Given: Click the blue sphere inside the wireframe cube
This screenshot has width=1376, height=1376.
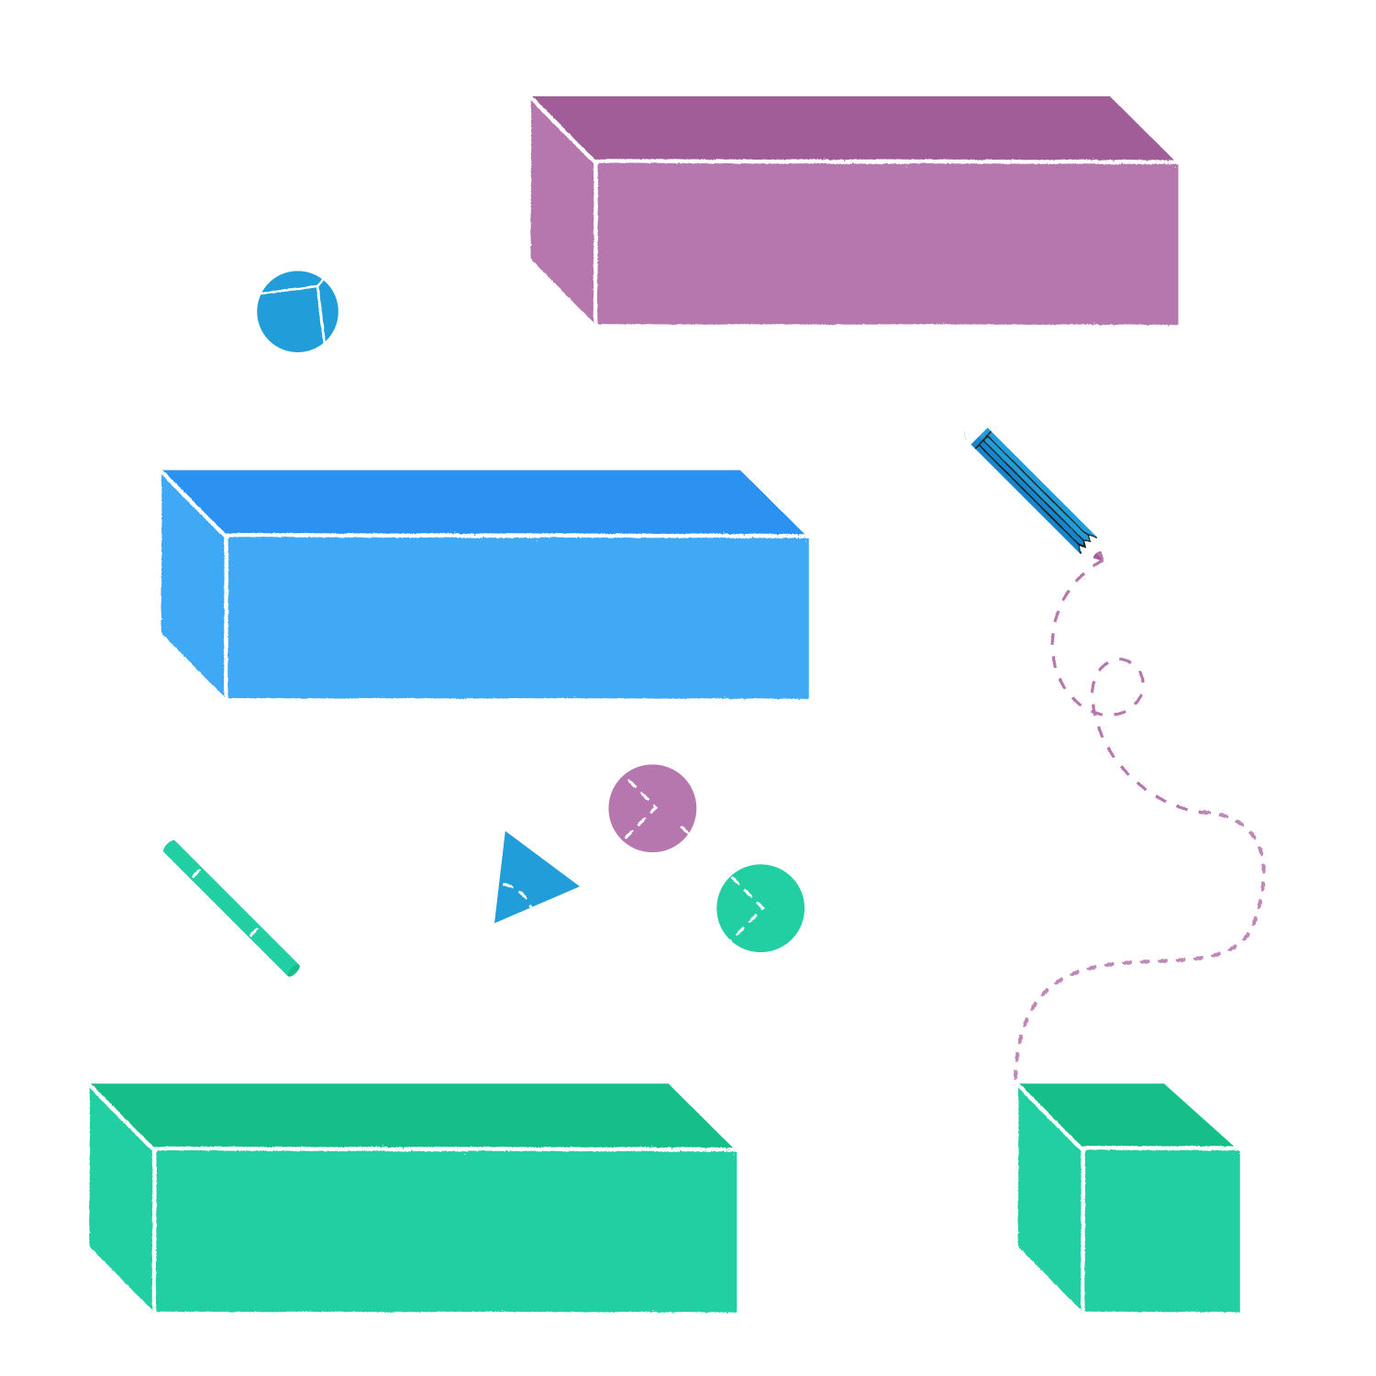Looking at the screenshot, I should pyautogui.click(x=296, y=312).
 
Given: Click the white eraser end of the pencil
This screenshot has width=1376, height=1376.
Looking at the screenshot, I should pyautogui.click(x=975, y=432).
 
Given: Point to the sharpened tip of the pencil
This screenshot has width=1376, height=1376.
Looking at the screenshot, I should pyautogui.click(x=1097, y=554).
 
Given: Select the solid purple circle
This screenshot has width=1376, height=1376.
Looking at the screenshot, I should pyautogui.click(x=652, y=808).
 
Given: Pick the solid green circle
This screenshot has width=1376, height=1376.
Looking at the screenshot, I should pyautogui.click(x=760, y=908).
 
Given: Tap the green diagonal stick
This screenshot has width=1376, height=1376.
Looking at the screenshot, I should pyautogui.click(x=231, y=908).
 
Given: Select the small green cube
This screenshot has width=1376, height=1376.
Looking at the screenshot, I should pyautogui.click(x=1161, y=1229).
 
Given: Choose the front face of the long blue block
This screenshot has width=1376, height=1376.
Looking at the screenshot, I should pyautogui.click(x=518, y=617).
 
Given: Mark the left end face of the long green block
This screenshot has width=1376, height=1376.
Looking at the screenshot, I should pyautogui.click(x=120, y=1197).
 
